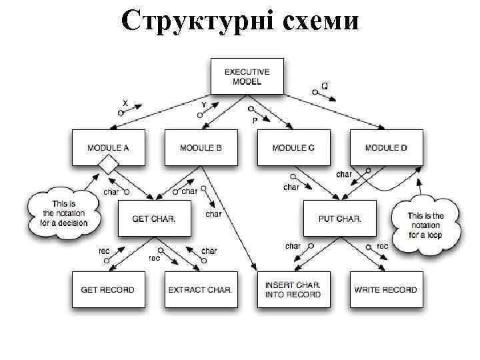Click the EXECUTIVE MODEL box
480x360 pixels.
(247, 76)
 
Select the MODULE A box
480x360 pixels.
(108, 147)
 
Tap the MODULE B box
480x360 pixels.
(201, 147)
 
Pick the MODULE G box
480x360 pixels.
(293, 147)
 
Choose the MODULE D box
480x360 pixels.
(386, 147)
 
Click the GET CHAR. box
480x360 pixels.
(154, 218)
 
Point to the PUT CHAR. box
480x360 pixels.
(339, 218)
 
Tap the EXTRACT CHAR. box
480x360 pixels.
(201, 289)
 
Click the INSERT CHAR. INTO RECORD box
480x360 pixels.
(293, 289)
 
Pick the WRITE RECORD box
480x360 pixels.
(386, 289)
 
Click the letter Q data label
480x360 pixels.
(325, 86)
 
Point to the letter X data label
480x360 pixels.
(125, 103)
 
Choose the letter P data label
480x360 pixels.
(255, 121)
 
